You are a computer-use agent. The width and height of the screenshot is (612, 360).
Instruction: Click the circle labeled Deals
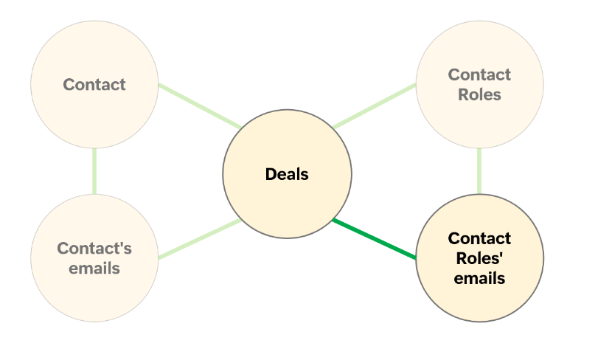click(287, 199)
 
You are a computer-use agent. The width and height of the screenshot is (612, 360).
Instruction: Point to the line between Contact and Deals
click(199, 106)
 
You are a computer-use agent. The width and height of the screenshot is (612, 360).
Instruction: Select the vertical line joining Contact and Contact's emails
click(94, 171)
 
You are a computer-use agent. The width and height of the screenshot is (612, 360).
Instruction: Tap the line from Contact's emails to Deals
click(199, 239)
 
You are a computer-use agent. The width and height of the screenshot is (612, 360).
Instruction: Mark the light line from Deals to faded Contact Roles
click(374, 106)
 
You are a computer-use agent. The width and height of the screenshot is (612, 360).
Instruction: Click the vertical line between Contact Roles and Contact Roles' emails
click(479, 171)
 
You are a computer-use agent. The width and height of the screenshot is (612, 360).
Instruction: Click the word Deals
click(287, 175)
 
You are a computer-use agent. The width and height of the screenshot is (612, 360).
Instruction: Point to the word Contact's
click(94, 249)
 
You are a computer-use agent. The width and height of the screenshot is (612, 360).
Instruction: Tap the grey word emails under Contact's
click(94, 268)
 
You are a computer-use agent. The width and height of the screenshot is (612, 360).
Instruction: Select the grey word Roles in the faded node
click(479, 94)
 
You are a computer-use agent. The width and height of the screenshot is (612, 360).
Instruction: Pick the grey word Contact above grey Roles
click(479, 75)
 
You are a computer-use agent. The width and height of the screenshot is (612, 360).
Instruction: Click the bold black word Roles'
click(479, 258)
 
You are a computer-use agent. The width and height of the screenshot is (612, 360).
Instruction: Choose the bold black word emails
click(479, 278)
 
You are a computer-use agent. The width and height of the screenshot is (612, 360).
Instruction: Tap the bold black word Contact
click(479, 238)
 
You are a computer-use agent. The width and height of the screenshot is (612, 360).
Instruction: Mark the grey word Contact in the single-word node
click(94, 85)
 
